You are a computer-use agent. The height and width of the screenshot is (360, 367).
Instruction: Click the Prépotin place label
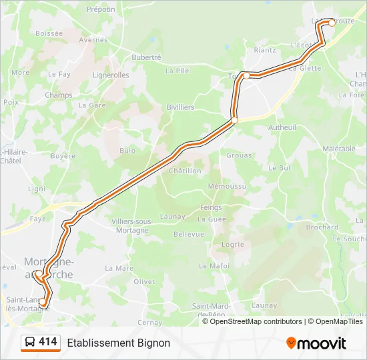coord(101,9)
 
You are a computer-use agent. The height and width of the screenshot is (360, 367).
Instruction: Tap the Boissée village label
coord(49,33)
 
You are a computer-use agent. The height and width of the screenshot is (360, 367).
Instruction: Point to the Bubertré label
coord(146,57)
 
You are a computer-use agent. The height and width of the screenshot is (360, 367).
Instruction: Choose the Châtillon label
coord(185,171)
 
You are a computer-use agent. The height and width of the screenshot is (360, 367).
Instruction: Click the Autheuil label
coord(282,127)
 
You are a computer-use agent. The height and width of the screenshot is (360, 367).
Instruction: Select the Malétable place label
coord(339,149)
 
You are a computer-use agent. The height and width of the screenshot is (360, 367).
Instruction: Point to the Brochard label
coord(322,227)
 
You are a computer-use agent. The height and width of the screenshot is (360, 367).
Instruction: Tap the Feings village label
coord(211,207)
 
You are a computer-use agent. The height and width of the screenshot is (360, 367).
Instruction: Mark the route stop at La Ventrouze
coord(332,23)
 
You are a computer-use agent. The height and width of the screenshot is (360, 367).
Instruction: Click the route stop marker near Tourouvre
coord(246,75)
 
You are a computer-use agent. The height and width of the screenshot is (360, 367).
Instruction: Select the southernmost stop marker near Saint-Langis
coord(43,302)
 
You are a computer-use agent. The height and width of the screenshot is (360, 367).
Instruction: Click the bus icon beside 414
coord(29,343)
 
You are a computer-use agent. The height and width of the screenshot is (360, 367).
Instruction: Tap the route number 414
coord(48,342)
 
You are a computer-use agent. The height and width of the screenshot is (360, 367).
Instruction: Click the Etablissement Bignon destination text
coord(118,343)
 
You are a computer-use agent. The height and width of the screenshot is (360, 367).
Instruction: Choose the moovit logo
coord(316,343)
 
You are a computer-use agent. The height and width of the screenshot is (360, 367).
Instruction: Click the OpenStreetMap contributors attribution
coord(253,321)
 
